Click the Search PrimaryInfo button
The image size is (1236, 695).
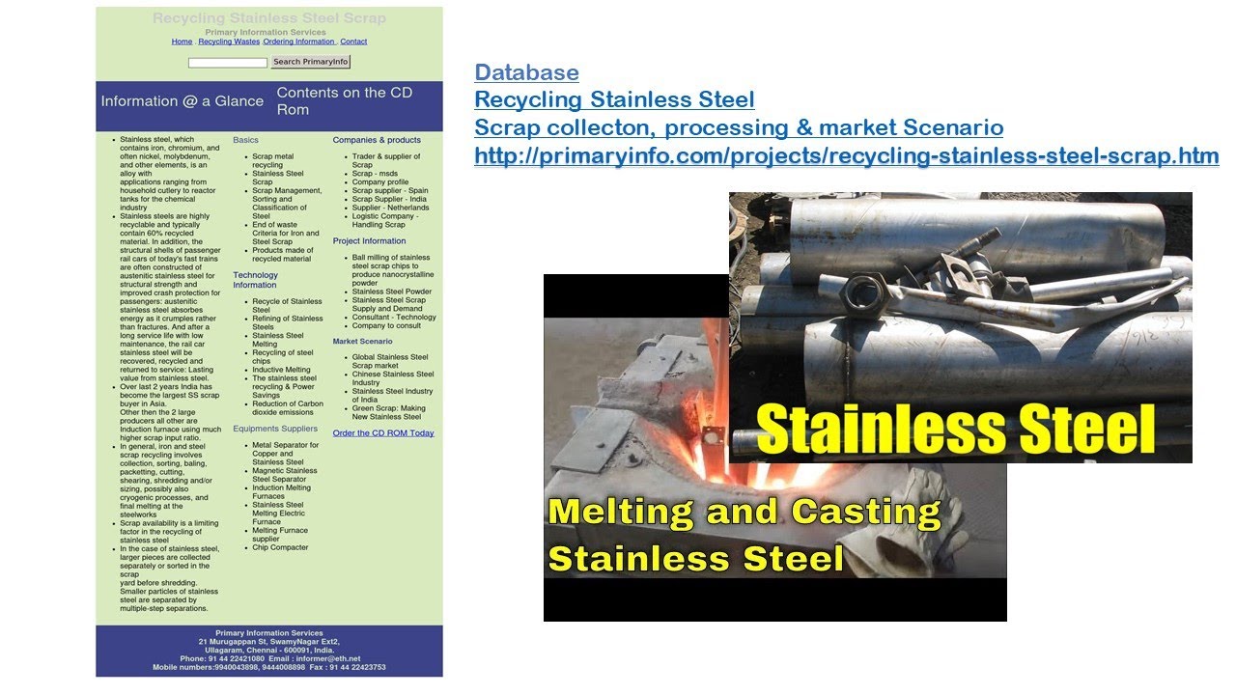click(x=310, y=62)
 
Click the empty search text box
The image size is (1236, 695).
click(x=227, y=63)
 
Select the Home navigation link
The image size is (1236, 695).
click(x=182, y=42)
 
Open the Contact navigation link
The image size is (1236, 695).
click(x=353, y=42)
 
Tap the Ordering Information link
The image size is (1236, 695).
click(x=299, y=42)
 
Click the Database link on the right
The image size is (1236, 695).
click(x=526, y=72)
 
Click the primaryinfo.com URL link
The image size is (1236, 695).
click(x=846, y=155)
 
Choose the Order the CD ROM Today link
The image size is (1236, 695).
click(x=383, y=433)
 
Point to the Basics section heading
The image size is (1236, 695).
click(x=245, y=140)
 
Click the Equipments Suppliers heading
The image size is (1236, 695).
click(x=275, y=429)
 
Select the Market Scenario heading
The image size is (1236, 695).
click(x=362, y=342)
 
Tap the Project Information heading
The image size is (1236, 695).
click(x=369, y=241)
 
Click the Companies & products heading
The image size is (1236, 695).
click(x=377, y=140)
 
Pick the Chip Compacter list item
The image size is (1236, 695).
click(x=280, y=547)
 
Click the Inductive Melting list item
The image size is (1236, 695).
click(x=281, y=370)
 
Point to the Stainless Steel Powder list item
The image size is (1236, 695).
click(x=391, y=292)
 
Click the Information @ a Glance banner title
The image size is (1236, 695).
click(x=182, y=101)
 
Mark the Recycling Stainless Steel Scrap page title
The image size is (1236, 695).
click(x=268, y=18)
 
